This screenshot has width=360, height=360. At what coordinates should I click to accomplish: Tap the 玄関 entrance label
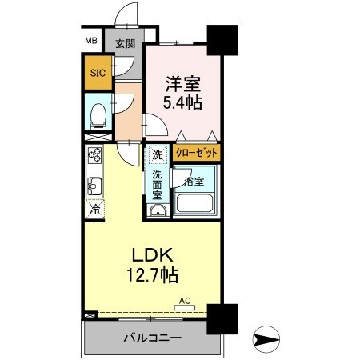[124, 44]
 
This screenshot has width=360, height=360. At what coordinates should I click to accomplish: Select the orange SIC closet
[97, 73]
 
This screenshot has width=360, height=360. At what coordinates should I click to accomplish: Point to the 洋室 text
[182, 82]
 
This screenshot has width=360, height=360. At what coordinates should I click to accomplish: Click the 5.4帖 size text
[182, 102]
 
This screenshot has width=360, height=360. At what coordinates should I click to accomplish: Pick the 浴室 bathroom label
[194, 181]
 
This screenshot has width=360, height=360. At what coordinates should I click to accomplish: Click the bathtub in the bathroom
[197, 203]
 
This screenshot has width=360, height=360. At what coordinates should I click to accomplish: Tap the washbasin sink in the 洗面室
[158, 210]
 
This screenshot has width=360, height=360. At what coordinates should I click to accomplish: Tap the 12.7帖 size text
[150, 274]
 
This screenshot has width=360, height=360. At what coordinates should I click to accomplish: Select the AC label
[184, 301]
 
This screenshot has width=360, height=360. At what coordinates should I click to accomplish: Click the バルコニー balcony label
[151, 338]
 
